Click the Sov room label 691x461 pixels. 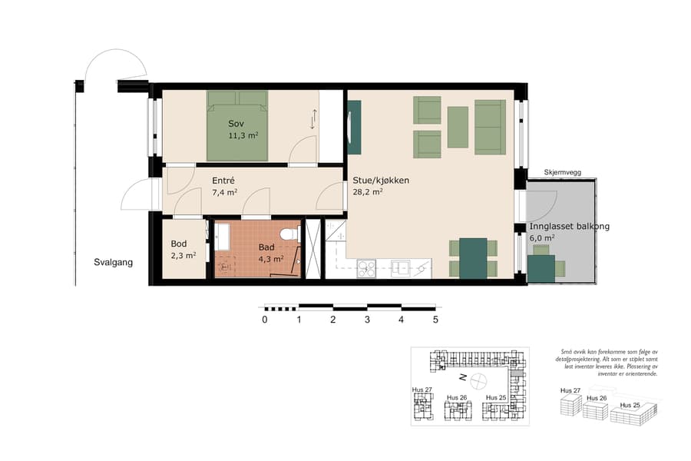coord(236,124)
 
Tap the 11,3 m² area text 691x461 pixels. coord(243,135)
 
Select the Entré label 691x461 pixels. coord(223,181)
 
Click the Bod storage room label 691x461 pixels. coord(179,244)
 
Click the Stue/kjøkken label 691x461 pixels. coord(381,181)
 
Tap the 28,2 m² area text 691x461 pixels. coord(368,193)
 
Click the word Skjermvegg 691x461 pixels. coord(561,173)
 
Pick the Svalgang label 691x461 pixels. coord(114,262)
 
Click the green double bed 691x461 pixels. coord(237,126)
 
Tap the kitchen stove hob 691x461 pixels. coord(366,268)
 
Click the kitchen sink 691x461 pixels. coord(401,268)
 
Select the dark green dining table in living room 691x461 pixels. coord(473,258)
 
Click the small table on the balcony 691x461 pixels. coord(542,268)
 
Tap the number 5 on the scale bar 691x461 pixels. coord(435,320)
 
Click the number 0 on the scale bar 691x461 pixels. coord(265,320)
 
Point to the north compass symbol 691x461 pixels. coord(478,380)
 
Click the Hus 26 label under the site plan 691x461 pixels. coord(457,397)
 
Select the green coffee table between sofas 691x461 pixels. coord(458,127)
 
